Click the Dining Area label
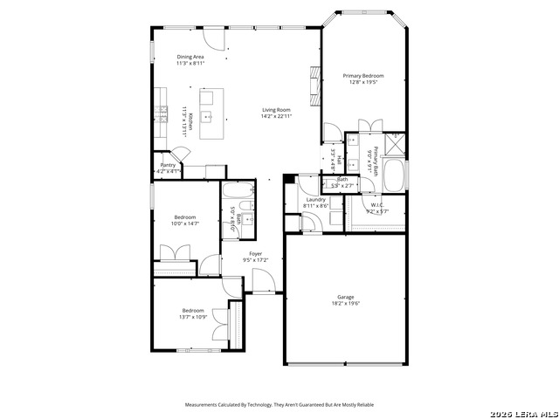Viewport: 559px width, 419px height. [191, 57]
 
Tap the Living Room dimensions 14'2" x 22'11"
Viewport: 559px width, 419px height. [277, 116]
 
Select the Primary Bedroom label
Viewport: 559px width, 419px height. [362, 76]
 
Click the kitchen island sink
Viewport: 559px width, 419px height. [209, 115]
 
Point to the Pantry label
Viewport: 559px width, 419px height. [168, 165]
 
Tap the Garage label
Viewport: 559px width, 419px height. [346, 297]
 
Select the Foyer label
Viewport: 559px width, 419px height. [256, 253]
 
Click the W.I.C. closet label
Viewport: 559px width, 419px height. [376, 206]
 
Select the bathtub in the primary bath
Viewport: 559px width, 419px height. [395, 175]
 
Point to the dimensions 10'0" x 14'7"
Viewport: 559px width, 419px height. [184, 224]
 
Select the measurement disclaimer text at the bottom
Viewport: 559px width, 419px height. [279, 405]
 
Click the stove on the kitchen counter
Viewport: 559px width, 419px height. [162, 111]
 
